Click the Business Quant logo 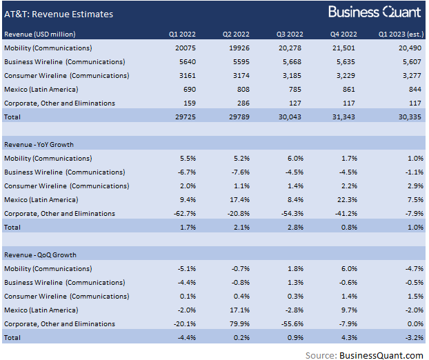(374, 12)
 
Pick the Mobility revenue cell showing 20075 (188, 48)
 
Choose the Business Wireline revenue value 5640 (190, 61)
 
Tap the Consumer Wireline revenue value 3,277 (409, 75)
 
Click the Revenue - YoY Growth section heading (39, 144)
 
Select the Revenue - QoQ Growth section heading (39, 254)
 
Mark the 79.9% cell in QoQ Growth (239, 323)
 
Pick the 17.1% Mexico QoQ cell (239, 310)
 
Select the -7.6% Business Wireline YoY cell (239, 172)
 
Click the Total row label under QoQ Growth (12, 337)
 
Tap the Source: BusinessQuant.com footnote (365, 353)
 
